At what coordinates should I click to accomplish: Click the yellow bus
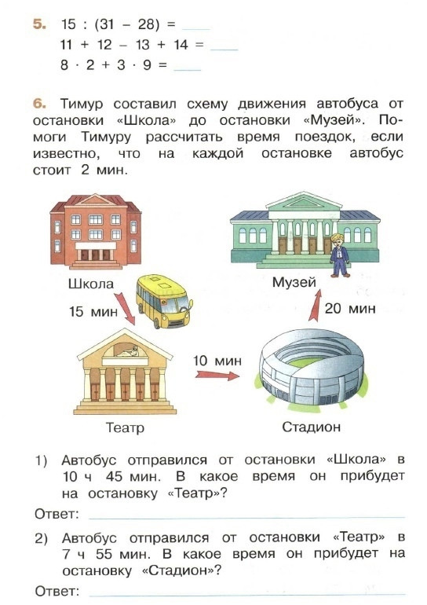click(x=165, y=301)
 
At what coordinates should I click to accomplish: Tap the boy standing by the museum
click(x=340, y=255)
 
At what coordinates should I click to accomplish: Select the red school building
click(x=95, y=231)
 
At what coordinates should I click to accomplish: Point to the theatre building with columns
click(x=125, y=372)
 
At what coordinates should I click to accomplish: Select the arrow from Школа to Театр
click(x=125, y=308)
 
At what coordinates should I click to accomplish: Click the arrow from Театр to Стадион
click(x=217, y=375)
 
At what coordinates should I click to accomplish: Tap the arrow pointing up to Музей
click(x=316, y=305)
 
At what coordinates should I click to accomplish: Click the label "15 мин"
click(x=93, y=311)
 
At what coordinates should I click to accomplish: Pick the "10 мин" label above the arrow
click(x=217, y=361)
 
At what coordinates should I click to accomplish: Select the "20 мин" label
click(x=350, y=308)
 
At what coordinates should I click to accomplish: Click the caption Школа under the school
click(x=91, y=284)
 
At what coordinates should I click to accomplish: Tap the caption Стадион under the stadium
click(x=312, y=427)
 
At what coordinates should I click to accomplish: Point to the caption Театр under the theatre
click(x=125, y=427)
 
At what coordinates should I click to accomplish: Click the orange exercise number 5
click(x=39, y=24)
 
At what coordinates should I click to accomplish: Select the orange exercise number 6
click(x=39, y=104)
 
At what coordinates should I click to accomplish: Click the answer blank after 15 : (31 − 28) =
click(x=195, y=29)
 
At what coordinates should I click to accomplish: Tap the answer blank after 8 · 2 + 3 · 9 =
click(x=188, y=70)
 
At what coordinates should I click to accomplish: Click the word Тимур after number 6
click(x=82, y=104)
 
